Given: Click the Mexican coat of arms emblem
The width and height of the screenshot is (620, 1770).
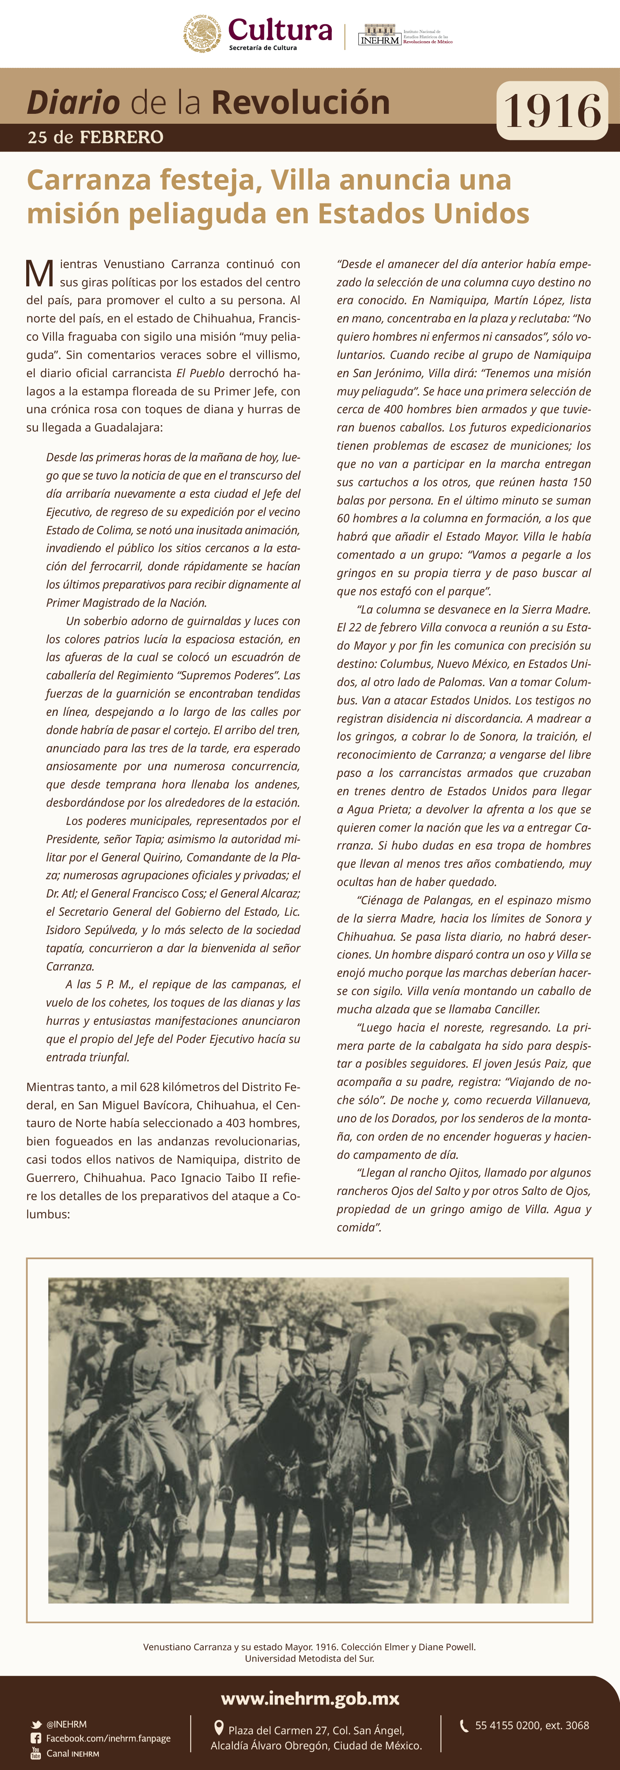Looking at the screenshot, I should coord(202,33).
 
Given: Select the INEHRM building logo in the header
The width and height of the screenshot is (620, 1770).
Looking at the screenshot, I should coord(379,35).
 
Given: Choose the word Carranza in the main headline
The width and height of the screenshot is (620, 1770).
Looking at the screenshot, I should coord(89,180).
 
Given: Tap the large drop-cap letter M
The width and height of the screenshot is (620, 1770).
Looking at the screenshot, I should coord(39,274).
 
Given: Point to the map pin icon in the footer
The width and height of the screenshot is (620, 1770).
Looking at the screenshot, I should coord(219,1728).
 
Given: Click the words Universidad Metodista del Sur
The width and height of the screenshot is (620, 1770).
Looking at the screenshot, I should coord(309,1658).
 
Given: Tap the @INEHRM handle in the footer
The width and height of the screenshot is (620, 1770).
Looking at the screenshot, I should coord(67,1724).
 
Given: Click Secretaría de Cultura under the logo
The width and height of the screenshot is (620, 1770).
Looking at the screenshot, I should coord(263,48).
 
